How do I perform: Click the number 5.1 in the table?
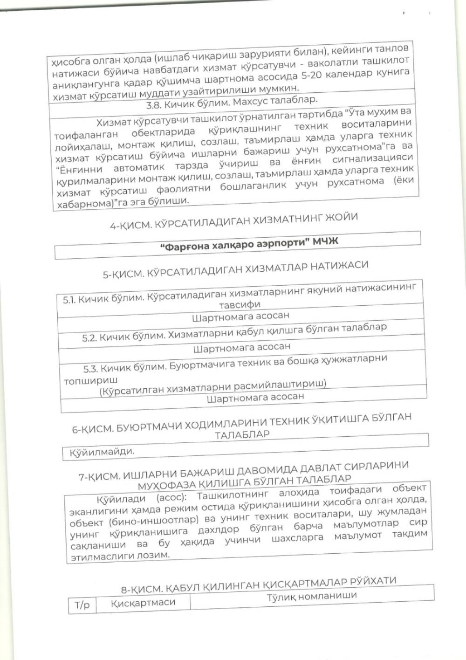69,300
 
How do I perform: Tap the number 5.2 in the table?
89,337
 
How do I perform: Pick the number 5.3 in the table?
90,369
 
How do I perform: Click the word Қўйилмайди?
102,452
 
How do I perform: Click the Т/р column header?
82,605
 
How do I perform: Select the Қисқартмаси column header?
143,602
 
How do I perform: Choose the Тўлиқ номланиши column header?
311,596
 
